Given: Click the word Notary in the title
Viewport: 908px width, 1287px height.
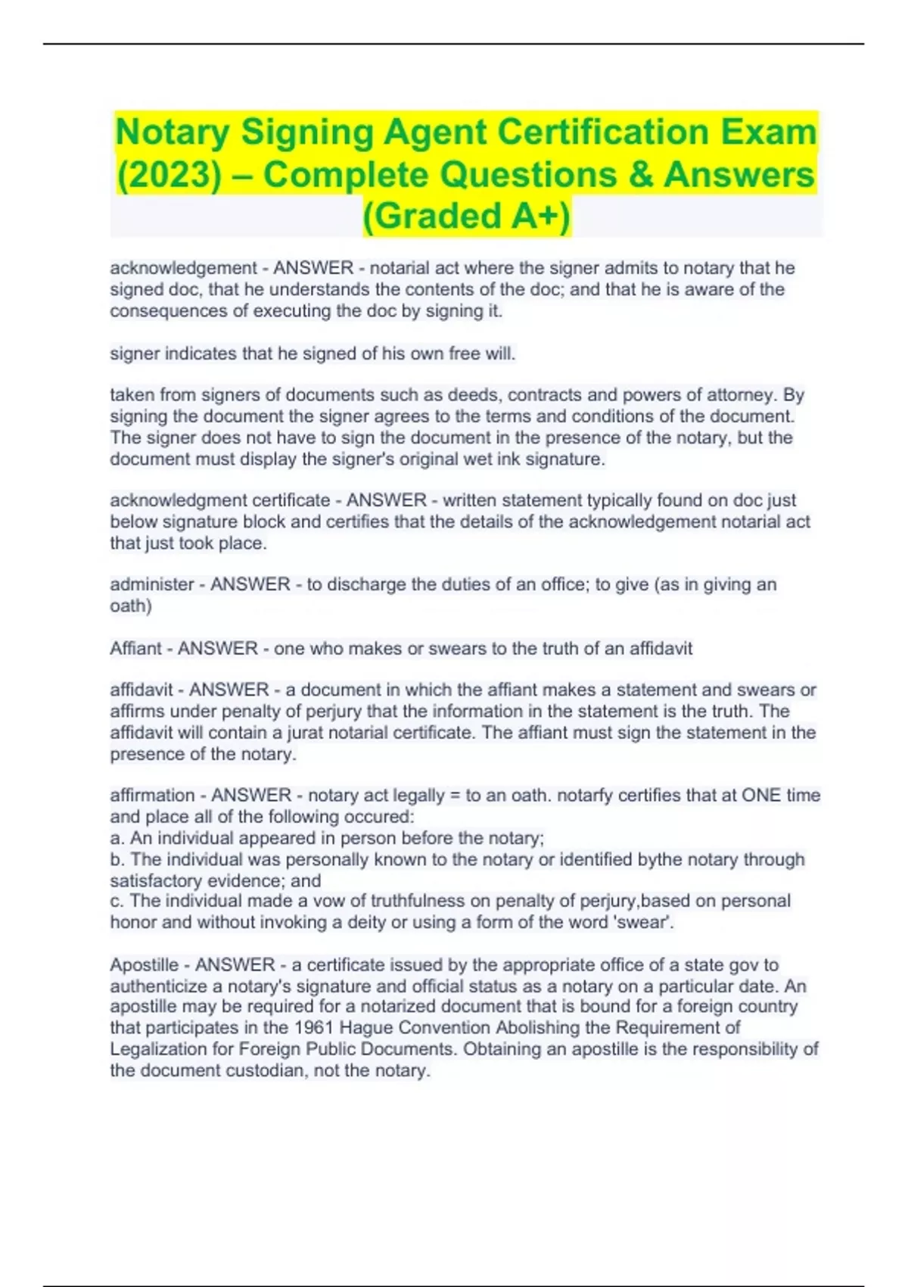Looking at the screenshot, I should [x=173, y=133].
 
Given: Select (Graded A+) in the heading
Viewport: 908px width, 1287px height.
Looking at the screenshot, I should [x=466, y=216].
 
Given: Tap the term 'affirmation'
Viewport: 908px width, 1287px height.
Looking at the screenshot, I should [x=152, y=795].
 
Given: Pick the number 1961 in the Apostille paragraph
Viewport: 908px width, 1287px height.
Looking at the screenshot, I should [x=313, y=1027].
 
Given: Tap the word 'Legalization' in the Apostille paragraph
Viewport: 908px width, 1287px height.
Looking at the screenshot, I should [x=159, y=1049].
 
